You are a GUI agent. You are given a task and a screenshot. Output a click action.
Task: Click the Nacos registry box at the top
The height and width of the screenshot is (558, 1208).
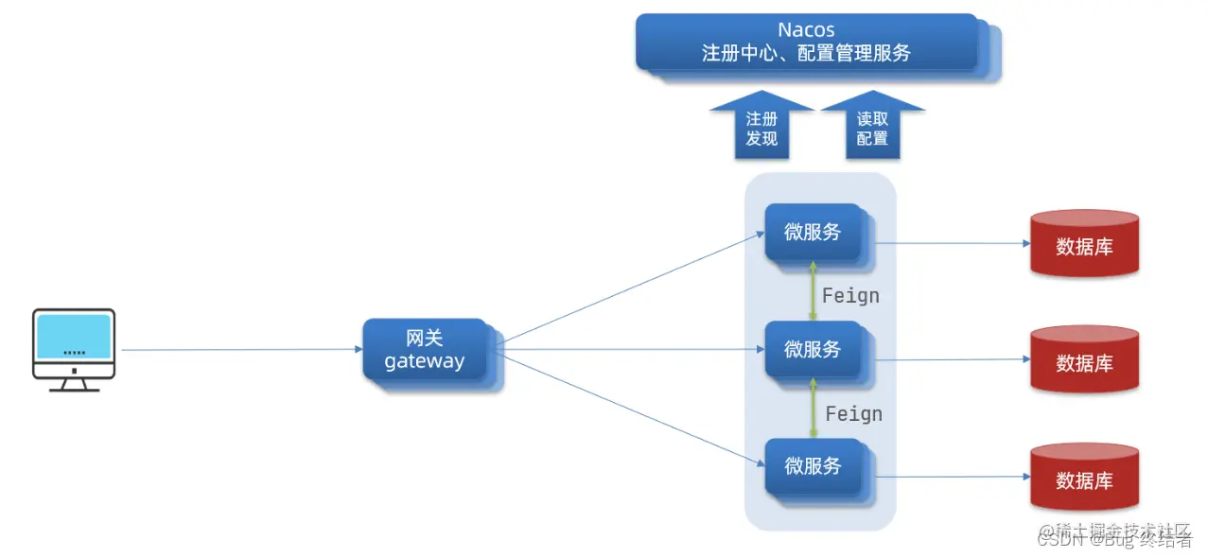pyautogui.click(x=806, y=43)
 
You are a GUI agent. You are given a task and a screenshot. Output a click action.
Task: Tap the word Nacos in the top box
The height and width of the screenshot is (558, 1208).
pyautogui.click(x=806, y=30)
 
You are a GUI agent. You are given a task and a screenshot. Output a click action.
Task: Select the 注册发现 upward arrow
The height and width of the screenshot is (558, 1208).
pyautogui.click(x=762, y=129)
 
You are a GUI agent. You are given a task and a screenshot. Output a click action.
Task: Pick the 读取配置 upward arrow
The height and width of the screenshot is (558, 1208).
pyautogui.click(x=872, y=129)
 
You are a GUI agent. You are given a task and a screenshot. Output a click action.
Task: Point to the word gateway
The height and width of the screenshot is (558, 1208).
pyautogui.click(x=425, y=361)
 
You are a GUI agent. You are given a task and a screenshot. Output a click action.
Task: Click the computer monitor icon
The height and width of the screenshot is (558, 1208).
pyautogui.click(x=74, y=349)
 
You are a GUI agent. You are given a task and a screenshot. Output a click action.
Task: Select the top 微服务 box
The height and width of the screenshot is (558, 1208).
pyautogui.click(x=814, y=232)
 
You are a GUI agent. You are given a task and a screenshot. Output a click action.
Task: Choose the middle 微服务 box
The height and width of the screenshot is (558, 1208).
pyautogui.click(x=814, y=349)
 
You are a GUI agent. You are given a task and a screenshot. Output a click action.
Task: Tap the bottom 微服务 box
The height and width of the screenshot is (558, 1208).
pyautogui.click(x=814, y=466)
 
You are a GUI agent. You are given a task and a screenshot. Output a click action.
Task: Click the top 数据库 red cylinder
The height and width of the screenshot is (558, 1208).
pyautogui.click(x=1084, y=244)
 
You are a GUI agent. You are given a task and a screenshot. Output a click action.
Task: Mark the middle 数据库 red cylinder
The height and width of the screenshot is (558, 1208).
pyautogui.click(x=1084, y=360)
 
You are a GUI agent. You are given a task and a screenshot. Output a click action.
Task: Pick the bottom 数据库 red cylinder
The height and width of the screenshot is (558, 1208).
pyautogui.click(x=1084, y=479)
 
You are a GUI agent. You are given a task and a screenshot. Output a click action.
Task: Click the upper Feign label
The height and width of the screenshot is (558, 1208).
pyautogui.click(x=850, y=296)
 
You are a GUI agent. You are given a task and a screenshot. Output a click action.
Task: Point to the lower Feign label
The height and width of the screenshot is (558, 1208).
pyautogui.click(x=853, y=414)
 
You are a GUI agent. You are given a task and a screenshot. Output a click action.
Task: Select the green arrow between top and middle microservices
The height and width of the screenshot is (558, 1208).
pyautogui.click(x=812, y=291)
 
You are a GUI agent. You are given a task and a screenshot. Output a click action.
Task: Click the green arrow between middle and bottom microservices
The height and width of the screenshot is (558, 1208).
pyautogui.click(x=812, y=409)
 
